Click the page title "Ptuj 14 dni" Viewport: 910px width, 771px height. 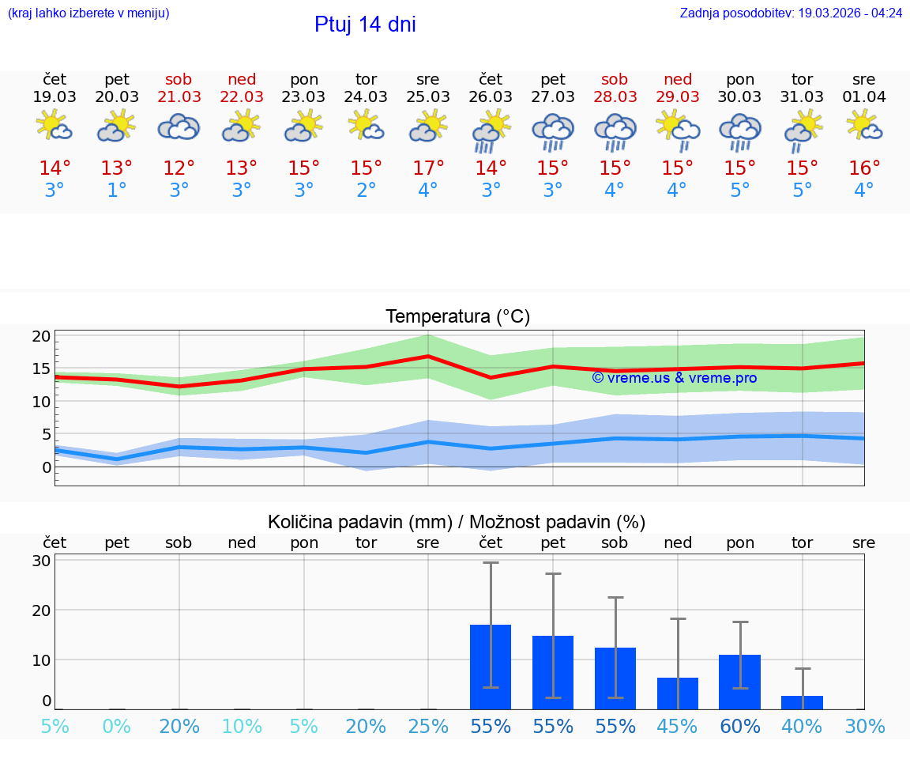(x=365, y=25)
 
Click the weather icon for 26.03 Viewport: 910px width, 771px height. (x=491, y=131)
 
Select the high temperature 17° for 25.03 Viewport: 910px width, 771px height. (x=428, y=168)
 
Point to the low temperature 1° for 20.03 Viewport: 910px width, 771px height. (x=117, y=191)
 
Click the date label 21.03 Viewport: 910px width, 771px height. (x=179, y=97)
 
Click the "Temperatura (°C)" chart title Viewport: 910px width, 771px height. (x=457, y=317)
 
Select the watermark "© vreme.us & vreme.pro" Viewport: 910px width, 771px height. (x=674, y=378)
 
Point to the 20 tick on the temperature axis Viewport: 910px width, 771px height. (x=41, y=336)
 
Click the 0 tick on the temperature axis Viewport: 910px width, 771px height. (x=47, y=467)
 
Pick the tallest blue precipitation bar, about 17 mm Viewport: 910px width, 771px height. (x=491, y=667)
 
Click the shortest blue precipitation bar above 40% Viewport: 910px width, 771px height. (x=803, y=702)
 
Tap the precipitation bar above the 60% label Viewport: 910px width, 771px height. (x=740, y=682)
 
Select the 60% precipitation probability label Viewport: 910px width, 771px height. (x=740, y=727)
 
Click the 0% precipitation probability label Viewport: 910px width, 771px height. (x=117, y=727)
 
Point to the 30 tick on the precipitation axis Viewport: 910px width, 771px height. (x=41, y=561)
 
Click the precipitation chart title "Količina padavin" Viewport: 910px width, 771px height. (x=457, y=522)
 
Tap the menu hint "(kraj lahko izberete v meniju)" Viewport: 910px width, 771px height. (x=88, y=13)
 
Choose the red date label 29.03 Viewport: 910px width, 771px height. (x=677, y=97)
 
